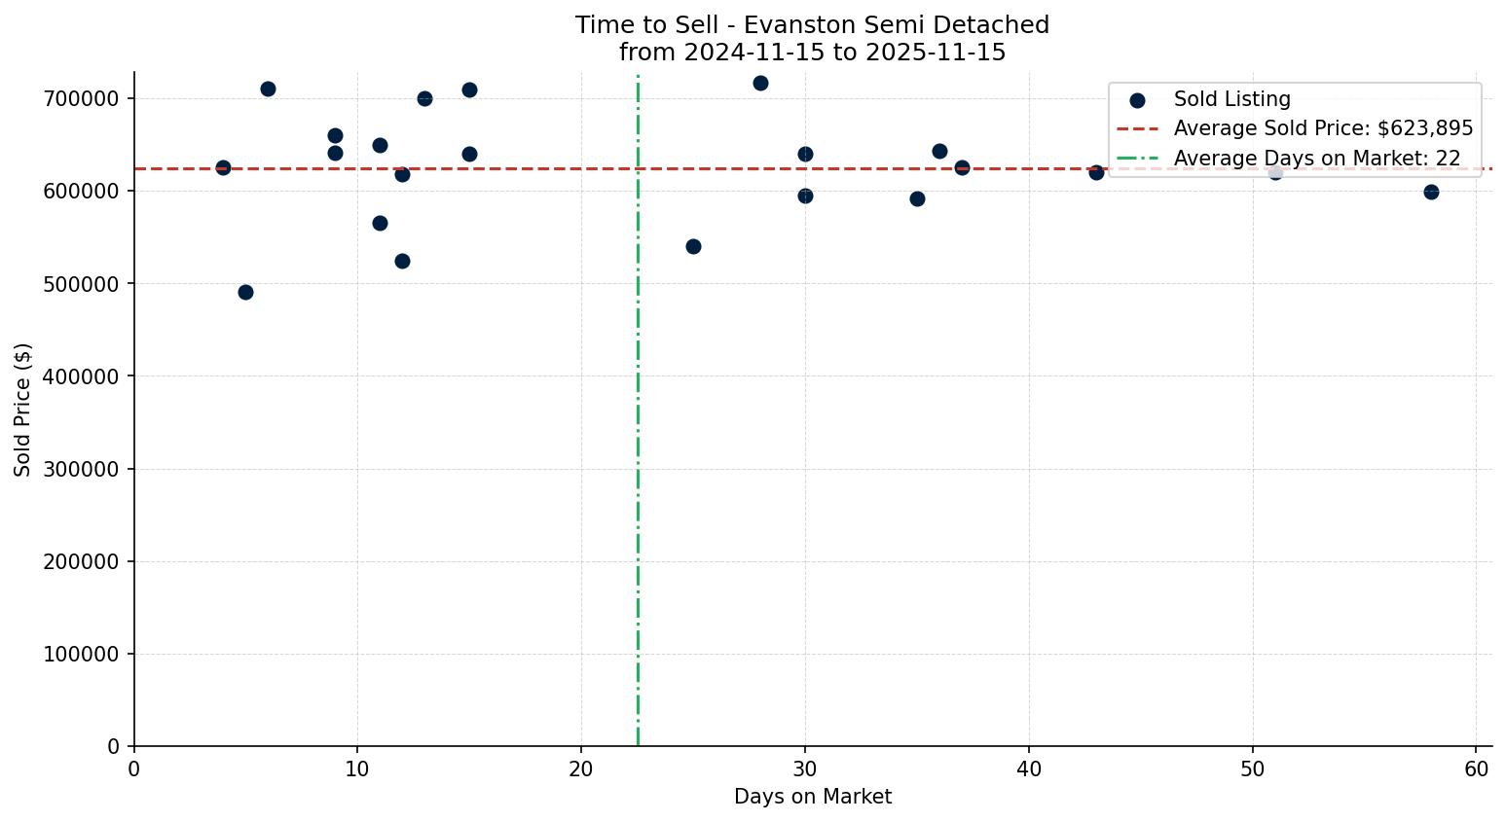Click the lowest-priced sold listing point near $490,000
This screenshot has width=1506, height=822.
pos(245,292)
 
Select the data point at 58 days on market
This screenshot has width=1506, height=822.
pos(1431,192)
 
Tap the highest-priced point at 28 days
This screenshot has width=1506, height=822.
pos(760,83)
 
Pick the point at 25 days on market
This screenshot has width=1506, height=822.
pos(693,246)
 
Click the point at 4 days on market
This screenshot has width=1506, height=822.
pos(223,167)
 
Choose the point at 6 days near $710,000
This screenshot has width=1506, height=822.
pos(268,89)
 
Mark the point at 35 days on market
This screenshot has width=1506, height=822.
pos(917,198)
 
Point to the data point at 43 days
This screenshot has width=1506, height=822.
pos(1096,172)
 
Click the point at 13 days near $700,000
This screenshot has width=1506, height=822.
pos(424,98)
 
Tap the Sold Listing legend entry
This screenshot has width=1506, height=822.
pos(1231,99)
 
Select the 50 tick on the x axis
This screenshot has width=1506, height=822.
pos(1253,768)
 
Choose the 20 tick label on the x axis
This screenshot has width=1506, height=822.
pos(581,768)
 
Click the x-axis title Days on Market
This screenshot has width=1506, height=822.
pos(813,797)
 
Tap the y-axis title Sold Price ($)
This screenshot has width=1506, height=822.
pos(23,409)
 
